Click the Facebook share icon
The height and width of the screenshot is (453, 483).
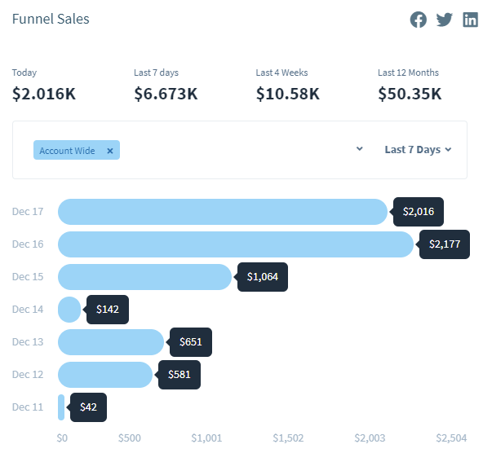[418, 20]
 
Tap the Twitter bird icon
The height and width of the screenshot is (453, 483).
[444, 20]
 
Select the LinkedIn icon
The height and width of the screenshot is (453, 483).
[470, 20]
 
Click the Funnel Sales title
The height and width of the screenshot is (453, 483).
[51, 19]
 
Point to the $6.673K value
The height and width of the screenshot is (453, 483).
[166, 94]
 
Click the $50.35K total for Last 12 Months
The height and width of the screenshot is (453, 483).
[410, 94]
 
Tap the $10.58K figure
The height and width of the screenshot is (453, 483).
[288, 94]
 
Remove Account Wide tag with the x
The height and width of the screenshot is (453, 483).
[110, 151]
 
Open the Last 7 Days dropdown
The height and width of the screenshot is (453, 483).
[418, 150]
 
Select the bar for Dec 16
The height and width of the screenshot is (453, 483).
[236, 244]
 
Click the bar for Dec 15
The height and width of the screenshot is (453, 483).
[144, 277]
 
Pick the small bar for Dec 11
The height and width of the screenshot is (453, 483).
[61, 407]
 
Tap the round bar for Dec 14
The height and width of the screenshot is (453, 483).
[69, 310]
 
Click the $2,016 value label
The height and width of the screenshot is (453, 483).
[419, 212]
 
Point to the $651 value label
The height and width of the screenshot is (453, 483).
[191, 342]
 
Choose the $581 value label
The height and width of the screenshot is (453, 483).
[179, 375]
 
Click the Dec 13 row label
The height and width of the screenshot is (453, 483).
[28, 342]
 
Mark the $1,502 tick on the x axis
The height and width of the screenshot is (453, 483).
[288, 438]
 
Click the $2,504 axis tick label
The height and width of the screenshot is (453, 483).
[451, 438]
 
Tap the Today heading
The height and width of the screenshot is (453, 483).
[24, 73]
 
